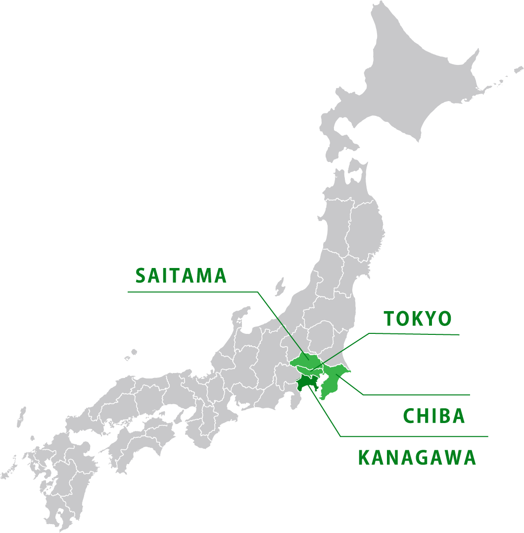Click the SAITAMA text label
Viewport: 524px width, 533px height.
point(181,276)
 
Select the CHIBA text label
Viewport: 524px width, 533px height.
point(434,416)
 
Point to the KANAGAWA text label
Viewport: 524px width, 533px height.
point(417,458)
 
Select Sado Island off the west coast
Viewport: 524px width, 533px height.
point(280,286)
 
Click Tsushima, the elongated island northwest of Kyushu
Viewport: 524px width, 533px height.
point(21,417)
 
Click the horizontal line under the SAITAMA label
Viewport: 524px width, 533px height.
point(193,292)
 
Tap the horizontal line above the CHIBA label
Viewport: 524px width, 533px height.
point(416,395)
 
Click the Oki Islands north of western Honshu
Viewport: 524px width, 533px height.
point(130,355)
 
